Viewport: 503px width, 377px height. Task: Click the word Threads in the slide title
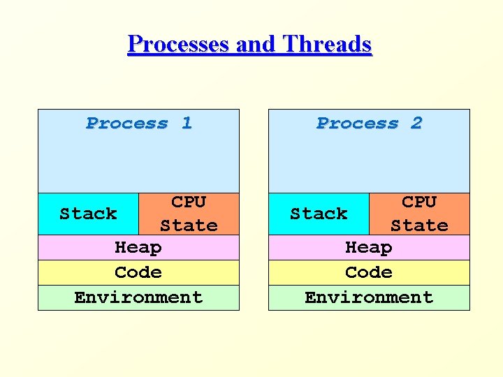click(x=327, y=45)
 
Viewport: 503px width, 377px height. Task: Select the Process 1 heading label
click(x=138, y=124)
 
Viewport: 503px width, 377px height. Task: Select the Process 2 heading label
click(x=369, y=124)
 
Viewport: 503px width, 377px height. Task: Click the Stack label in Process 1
click(x=88, y=214)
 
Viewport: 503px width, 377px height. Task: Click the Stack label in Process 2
click(x=319, y=214)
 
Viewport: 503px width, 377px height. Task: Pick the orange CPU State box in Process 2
click(x=419, y=214)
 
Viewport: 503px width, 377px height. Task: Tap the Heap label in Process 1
click(x=138, y=248)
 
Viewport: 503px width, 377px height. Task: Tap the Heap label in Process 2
click(x=369, y=248)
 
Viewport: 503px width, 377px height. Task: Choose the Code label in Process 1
click(x=138, y=272)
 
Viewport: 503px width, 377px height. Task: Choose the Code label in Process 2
click(x=369, y=272)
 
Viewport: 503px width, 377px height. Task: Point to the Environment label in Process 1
click(x=138, y=297)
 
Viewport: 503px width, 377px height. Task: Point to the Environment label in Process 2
click(x=369, y=297)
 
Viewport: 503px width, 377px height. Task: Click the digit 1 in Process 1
click(x=187, y=124)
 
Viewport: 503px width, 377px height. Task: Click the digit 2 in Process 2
click(x=417, y=124)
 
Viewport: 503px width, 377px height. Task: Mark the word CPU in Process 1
click(x=189, y=202)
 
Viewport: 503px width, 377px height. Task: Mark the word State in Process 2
click(x=419, y=226)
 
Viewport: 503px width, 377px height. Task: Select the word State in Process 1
click(x=189, y=226)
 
